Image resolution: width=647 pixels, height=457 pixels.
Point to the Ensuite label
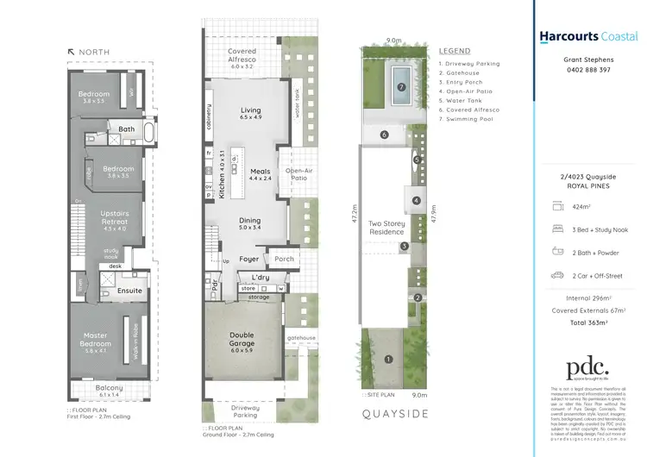click(131, 291)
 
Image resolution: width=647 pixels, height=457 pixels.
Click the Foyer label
click(249, 259)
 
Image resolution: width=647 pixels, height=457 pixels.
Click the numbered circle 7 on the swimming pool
click(401, 87)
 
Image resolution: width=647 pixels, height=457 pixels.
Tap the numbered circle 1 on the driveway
click(388, 359)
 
